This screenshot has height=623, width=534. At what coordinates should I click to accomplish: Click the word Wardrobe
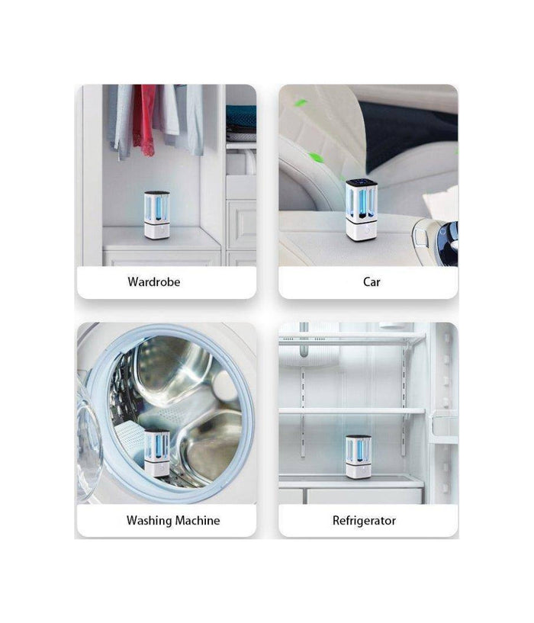pyautogui.click(x=154, y=281)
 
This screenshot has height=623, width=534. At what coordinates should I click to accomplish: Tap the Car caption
pyautogui.click(x=372, y=281)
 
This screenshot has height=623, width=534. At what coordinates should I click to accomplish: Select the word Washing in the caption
pyautogui.click(x=149, y=521)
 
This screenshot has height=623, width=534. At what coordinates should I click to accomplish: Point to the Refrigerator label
pyautogui.click(x=364, y=521)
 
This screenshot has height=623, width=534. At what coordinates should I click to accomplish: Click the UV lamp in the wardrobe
pyautogui.click(x=156, y=215)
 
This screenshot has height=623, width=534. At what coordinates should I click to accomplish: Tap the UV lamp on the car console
pyautogui.click(x=362, y=210)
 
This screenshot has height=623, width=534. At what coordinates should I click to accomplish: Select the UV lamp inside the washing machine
pyautogui.click(x=156, y=453)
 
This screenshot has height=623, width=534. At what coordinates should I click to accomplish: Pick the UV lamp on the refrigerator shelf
pyautogui.click(x=359, y=457)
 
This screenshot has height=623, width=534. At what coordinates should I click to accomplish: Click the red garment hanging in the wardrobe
pyautogui.click(x=144, y=119)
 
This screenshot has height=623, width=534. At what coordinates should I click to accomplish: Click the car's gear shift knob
pyautogui.click(x=447, y=236)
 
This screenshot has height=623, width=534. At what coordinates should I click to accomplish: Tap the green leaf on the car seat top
pyautogui.click(x=301, y=104)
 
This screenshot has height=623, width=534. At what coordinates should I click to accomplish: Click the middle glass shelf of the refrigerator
pyautogui.click(x=352, y=411)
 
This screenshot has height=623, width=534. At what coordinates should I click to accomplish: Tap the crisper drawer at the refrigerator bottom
pyautogui.click(x=364, y=496)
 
